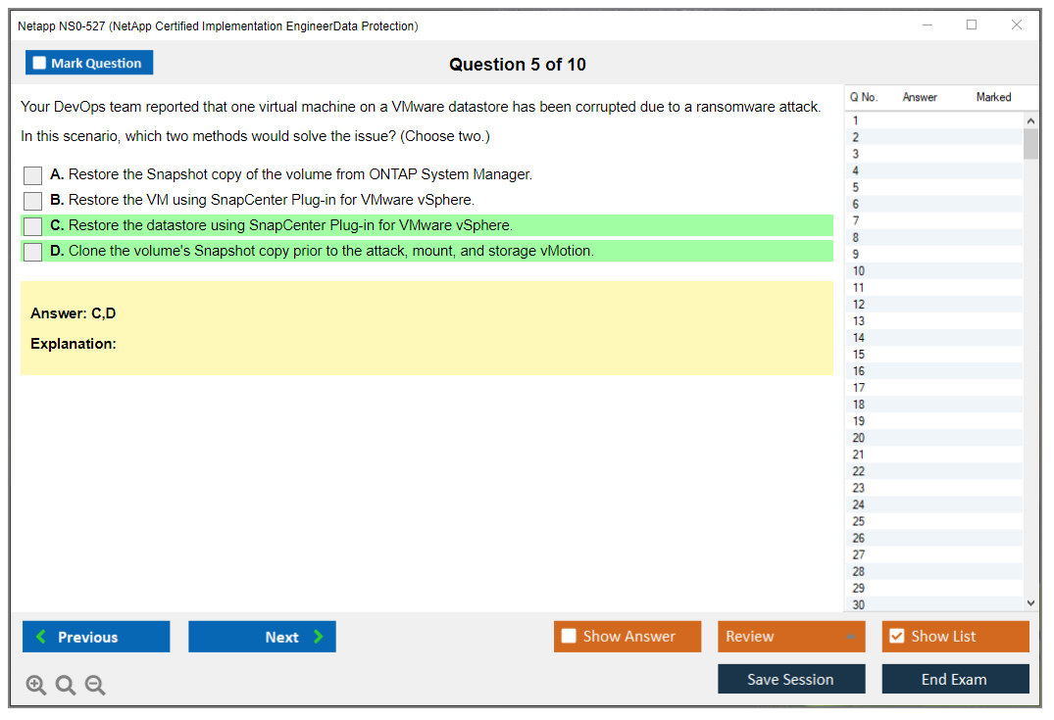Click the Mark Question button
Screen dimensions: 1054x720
coord(89,63)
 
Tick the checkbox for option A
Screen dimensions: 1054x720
coord(33,175)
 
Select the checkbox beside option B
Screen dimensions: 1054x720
coord(33,201)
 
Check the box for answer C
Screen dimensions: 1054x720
coord(33,226)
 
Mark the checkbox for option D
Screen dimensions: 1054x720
coord(33,252)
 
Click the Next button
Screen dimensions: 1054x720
coord(262,637)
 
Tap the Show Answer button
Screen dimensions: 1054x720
coord(627,637)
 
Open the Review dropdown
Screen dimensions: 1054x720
coord(791,637)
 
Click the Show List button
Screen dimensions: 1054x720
coord(955,637)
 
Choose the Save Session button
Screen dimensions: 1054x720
coord(791,679)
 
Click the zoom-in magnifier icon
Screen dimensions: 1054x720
coord(36,685)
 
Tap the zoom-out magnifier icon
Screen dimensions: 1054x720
coord(95,685)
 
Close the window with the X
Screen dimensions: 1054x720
coord(1017,24)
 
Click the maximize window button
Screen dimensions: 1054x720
coord(972,24)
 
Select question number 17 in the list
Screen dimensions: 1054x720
coord(858,388)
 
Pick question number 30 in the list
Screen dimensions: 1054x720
coord(858,604)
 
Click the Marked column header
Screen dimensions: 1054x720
coord(993,97)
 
